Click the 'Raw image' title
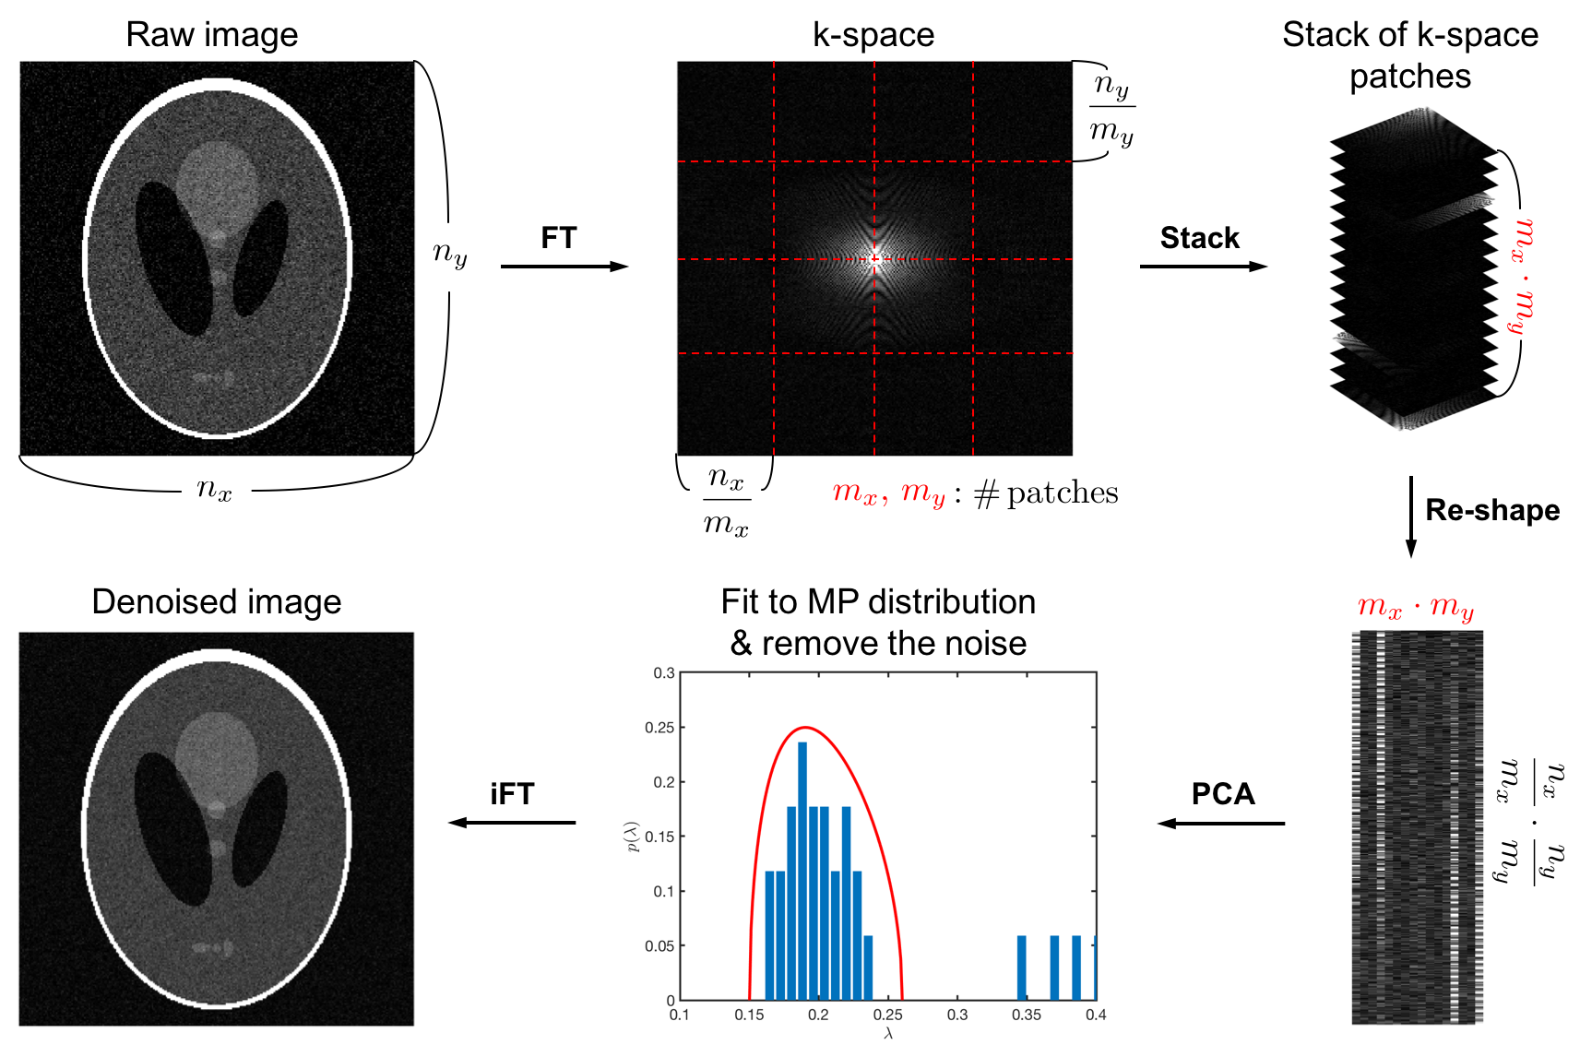[212, 35]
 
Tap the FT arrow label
[559, 238]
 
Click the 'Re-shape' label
[1492, 510]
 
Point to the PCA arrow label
[1223, 794]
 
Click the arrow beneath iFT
[512, 822]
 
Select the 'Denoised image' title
[217, 602]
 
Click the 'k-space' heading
[873, 35]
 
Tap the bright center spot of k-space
[874, 258]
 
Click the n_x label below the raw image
[215, 488]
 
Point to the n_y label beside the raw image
[450, 252]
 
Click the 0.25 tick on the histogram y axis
[659, 728]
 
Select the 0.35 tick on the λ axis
[1027, 1015]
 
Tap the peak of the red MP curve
[805, 728]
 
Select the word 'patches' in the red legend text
[1063, 493]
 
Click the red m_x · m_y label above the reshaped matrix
[1416, 607]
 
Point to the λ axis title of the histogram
[888, 1034]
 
